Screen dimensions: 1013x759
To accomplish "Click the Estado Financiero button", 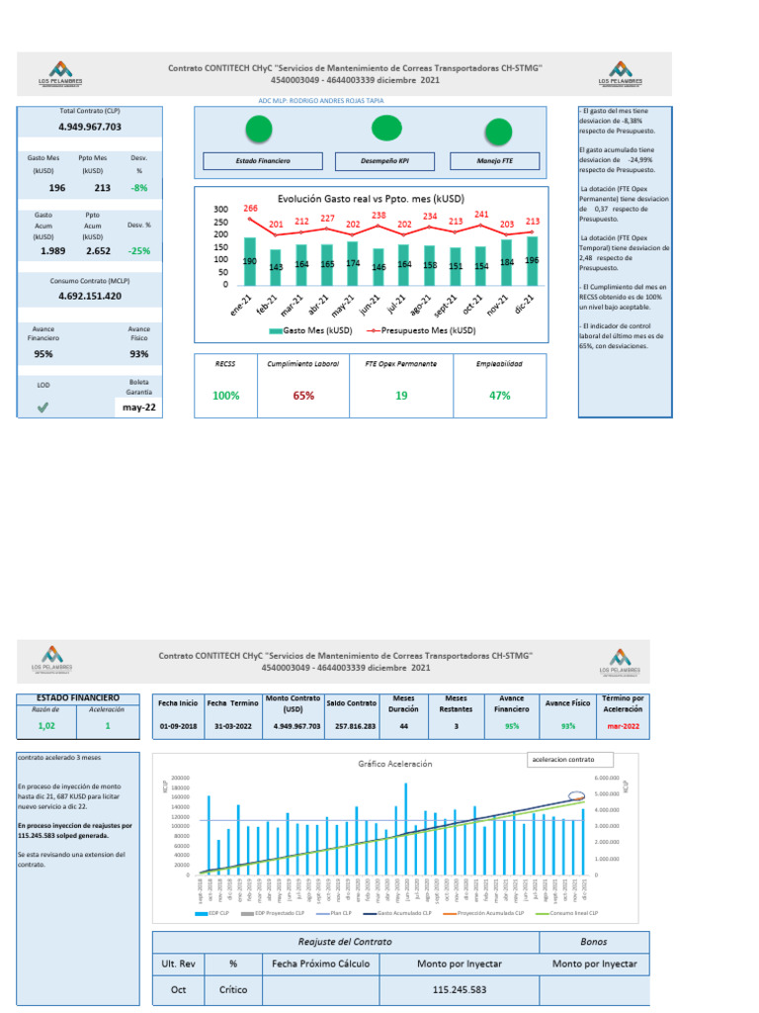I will coord(263,161).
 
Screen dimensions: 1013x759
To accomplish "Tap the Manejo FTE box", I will coord(495,161).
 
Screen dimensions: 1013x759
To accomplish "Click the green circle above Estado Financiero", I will coord(259,129).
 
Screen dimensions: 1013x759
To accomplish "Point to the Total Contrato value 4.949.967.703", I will coord(90,128).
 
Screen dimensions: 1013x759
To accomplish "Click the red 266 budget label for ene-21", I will coord(251,209).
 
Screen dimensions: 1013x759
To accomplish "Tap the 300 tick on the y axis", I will coord(220,210).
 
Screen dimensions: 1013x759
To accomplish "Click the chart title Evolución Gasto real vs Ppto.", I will coord(371,198).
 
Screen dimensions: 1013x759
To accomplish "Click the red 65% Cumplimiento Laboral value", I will coord(303,396).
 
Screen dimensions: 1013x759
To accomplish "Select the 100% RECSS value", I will coord(226,396).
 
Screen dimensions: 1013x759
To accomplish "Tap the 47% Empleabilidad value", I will coord(499,396).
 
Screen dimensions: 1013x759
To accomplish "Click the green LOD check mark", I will coord(42,408).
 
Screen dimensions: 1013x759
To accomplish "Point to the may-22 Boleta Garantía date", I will coord(137,408).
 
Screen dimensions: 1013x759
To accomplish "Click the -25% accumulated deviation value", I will coord(139,251).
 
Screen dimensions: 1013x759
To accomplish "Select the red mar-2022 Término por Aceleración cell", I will coord(623,727).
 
